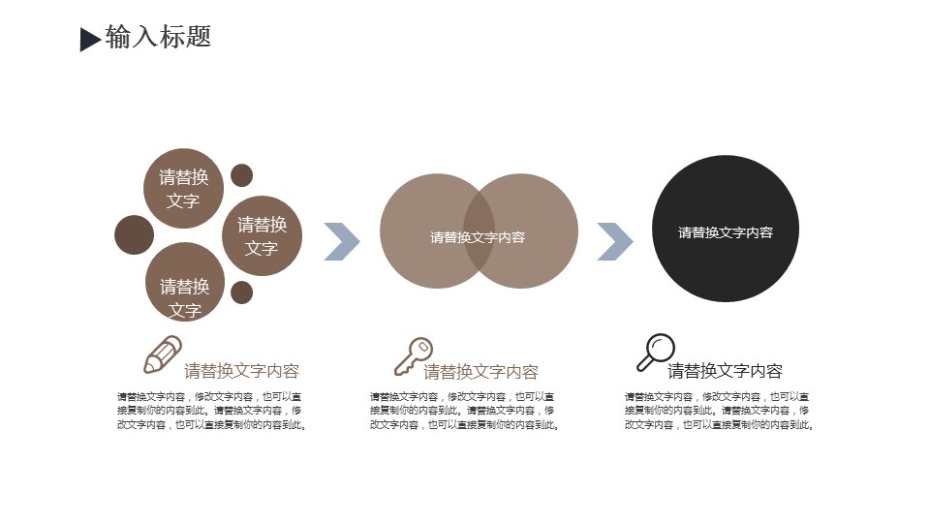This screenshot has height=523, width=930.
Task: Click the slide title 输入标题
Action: point(158,37)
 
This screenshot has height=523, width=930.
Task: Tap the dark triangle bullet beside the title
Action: point(88,40)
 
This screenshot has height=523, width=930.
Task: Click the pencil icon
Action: point(163,354)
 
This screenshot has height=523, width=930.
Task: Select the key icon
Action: point(414,356)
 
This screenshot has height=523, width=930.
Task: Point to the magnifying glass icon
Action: point(656,353)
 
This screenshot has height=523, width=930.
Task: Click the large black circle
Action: point(726,229)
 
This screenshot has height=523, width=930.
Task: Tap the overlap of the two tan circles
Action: point(479,231)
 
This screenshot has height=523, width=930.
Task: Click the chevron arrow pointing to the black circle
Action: point(615,241)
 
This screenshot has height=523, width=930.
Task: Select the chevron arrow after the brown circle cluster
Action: point(342,241)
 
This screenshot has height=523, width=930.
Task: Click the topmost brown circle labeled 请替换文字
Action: point(183,188)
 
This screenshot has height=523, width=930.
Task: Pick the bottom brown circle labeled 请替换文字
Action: point(185,282)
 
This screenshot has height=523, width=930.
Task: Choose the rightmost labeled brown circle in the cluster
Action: point(263,235)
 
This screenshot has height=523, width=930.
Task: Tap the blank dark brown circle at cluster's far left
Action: point(134,234)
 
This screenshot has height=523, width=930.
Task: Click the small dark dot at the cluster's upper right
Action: point(241,175)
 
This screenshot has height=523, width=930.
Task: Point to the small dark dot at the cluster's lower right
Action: point(241,292)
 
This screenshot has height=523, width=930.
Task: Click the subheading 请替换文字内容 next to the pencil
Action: point(241,371)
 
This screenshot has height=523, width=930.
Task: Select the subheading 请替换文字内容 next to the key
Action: point(481,372)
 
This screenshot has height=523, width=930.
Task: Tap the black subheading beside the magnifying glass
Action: point(725,371)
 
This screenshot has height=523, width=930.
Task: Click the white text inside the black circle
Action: point(726,232)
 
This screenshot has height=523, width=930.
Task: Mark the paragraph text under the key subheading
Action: point(464,411)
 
